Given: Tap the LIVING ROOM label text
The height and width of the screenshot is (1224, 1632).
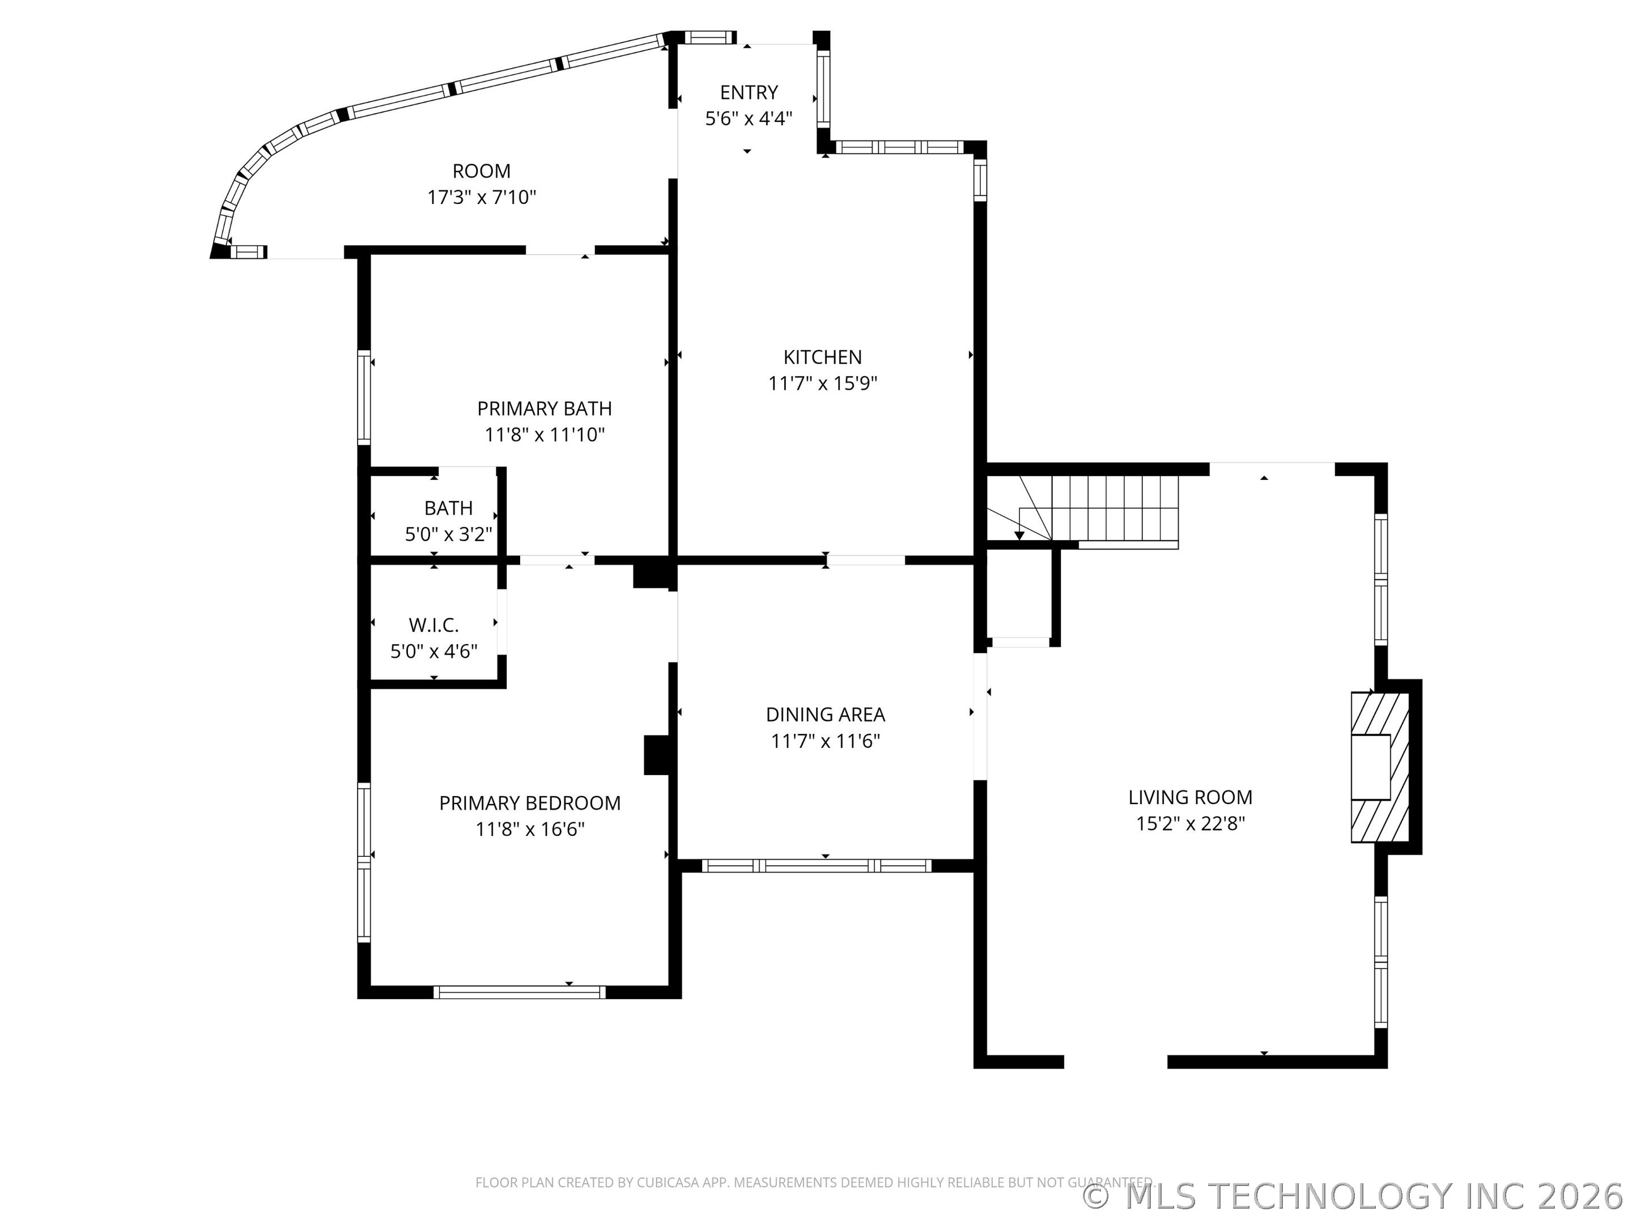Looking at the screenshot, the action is click(1190, 797).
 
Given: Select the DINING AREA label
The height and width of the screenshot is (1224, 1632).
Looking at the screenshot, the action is click(825, 714).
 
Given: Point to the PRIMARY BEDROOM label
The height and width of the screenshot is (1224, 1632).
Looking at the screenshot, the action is click(530, 803).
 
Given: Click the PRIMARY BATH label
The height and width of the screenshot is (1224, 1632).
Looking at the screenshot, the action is click(545, 408).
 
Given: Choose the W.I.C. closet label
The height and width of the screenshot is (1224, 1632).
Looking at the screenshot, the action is click(434, 625).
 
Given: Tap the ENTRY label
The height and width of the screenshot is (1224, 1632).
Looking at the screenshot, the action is click(749, 92).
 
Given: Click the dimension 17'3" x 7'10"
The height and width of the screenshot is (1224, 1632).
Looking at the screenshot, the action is click(482, 197).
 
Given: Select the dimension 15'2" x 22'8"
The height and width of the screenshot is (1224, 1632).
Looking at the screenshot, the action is click(1190, 823).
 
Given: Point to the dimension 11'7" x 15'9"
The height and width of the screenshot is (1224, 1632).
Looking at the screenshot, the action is click(823, 384).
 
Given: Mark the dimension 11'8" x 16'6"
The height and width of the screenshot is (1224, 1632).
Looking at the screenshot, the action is click(530, 829).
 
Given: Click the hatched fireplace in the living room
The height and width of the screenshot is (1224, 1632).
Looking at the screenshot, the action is click(1380, 767).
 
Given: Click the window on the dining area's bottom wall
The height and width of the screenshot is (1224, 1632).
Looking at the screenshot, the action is click(817, 866).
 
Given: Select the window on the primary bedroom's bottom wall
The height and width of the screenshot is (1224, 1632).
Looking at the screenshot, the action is click(520, 992).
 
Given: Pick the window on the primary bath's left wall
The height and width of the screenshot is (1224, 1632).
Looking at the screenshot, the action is click(364, 398).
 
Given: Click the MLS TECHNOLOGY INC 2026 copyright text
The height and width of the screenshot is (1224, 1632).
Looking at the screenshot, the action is click(1355, 1196).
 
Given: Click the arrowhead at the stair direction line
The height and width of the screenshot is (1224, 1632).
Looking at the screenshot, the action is click(1019, 535).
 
